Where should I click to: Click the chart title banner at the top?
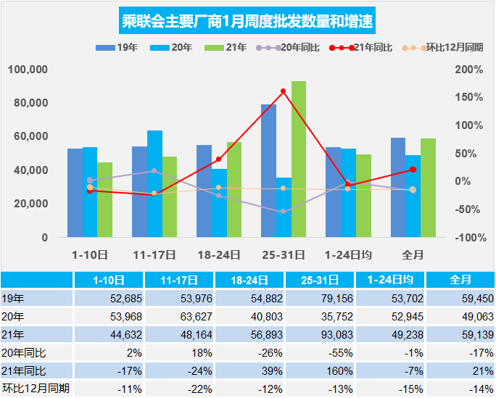247,20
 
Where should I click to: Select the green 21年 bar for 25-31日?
298,159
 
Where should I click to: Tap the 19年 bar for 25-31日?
268,171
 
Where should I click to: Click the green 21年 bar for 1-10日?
105,200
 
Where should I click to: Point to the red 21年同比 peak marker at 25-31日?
283,91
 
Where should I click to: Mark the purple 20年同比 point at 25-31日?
283,212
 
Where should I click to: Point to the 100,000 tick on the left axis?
28,70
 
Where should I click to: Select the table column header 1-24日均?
390,280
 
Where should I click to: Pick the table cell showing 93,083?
320,334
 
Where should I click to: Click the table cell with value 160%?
320,370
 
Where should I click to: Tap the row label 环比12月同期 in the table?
36,389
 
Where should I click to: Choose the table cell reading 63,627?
178,316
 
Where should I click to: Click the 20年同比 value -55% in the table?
320,352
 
